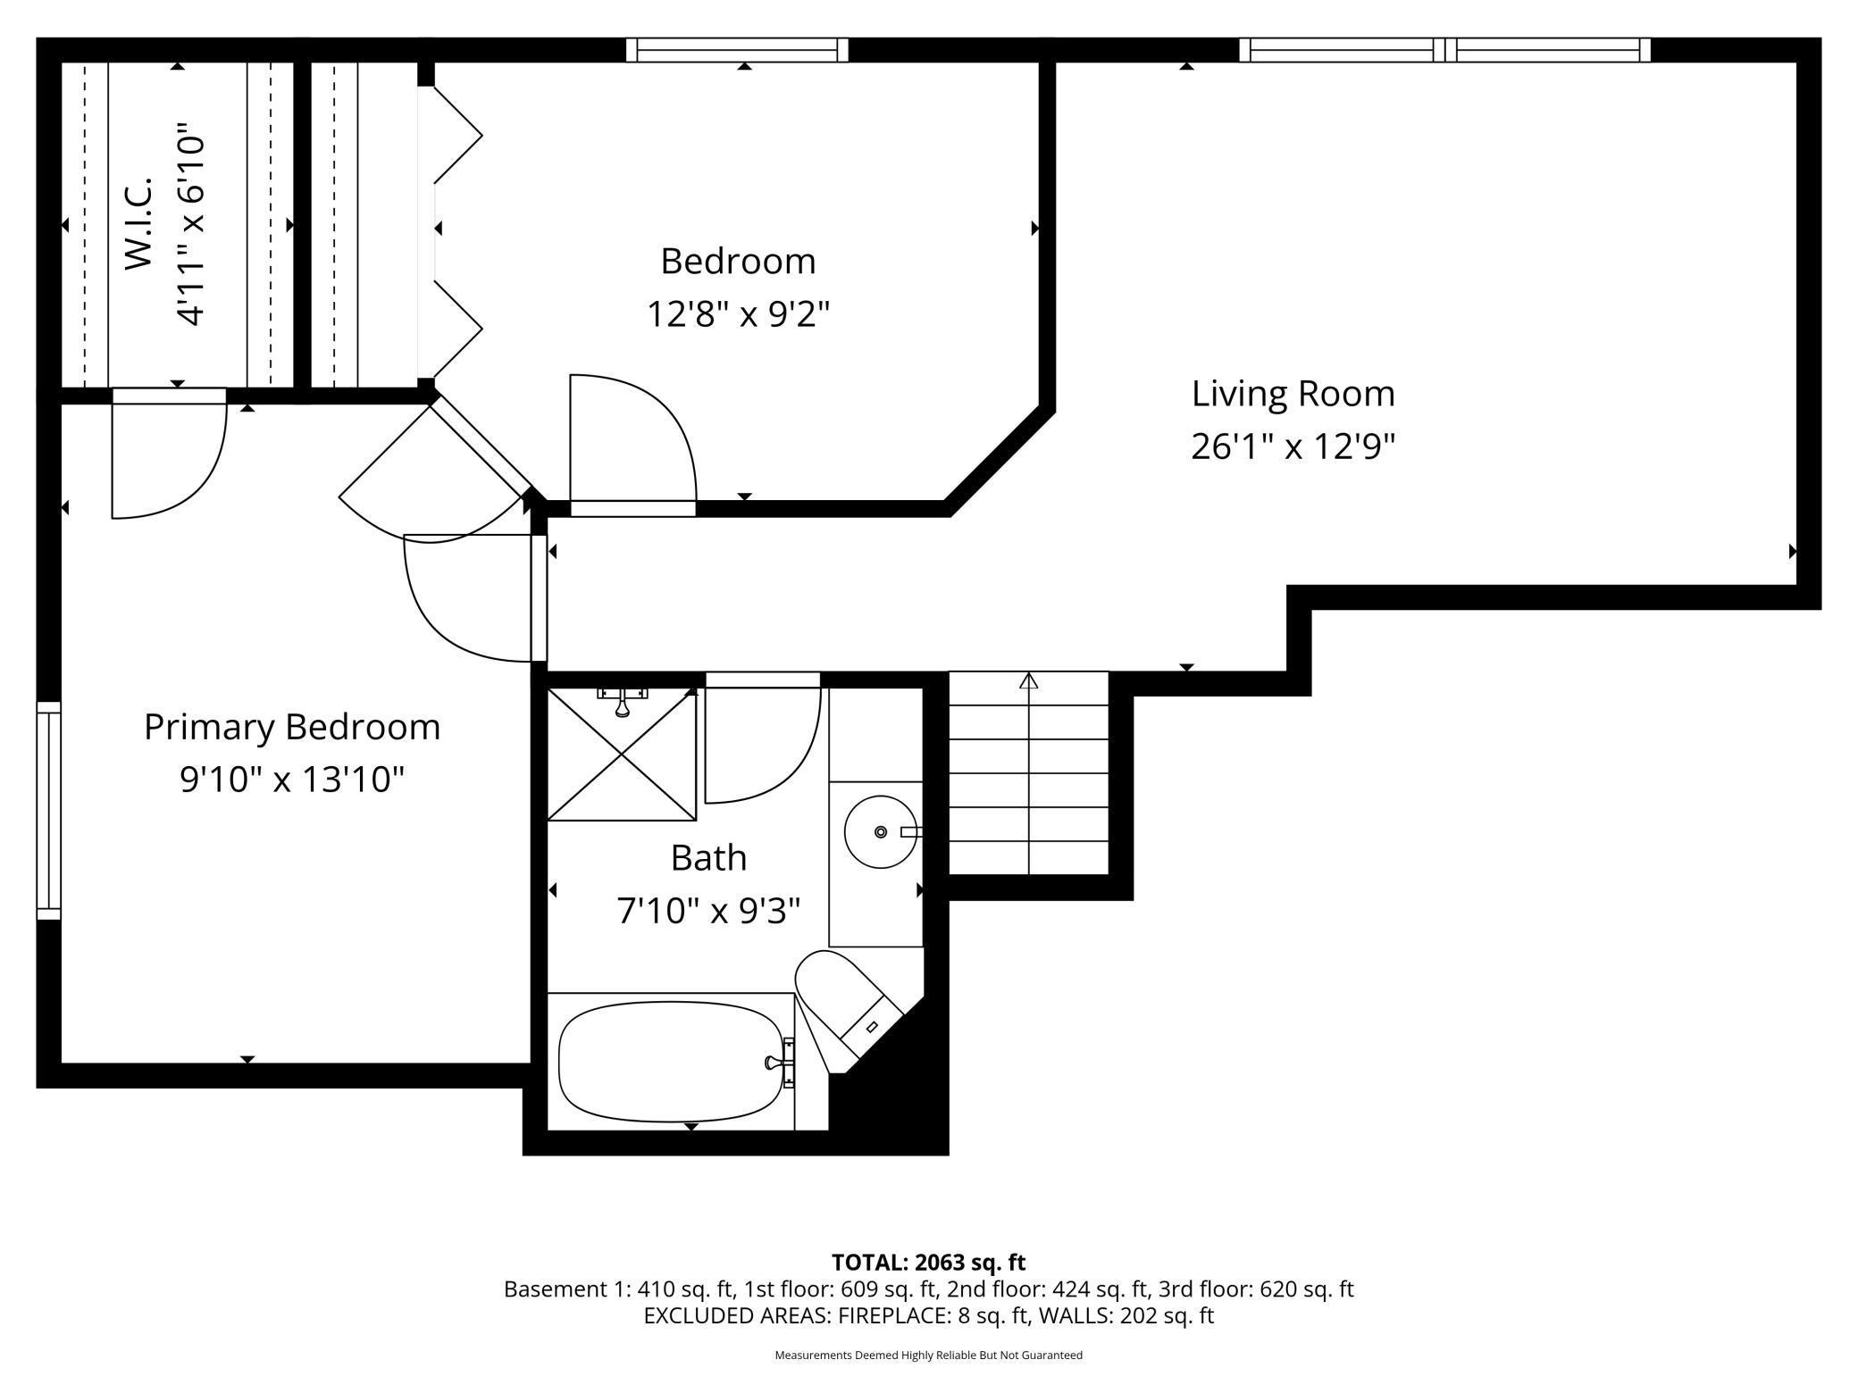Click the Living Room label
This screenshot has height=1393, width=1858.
(1293, 394)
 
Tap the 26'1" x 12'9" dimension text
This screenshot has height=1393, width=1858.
(1293, 446)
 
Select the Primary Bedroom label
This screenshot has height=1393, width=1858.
(292, 727)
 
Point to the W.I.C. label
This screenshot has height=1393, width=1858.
(139, 223)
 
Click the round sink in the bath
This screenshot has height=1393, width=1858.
(881, 831)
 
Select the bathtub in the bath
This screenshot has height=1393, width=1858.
(670, 1061)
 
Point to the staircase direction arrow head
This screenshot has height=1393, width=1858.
(1029, 681)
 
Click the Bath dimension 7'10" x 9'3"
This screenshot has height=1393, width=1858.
(708, 912)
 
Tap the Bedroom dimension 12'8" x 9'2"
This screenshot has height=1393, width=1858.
(739, 314)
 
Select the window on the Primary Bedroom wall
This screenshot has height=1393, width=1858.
(48, 810)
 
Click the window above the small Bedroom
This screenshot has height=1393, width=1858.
(737, 50)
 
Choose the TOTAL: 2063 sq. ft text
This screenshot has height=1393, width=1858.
(928, 1263)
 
